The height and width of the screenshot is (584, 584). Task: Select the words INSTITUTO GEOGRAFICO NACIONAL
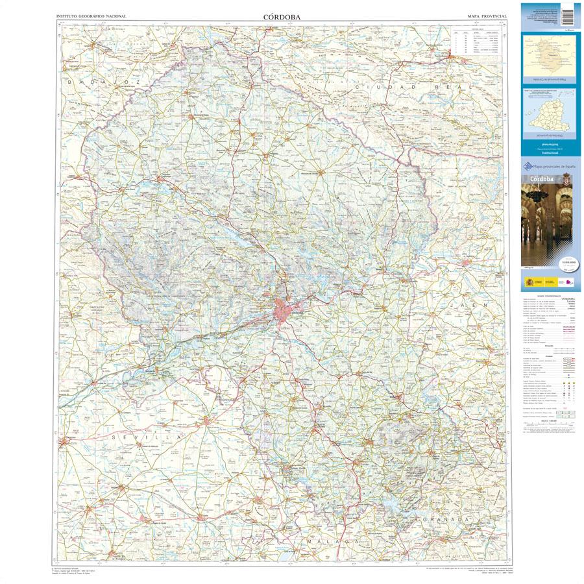pos(91,15)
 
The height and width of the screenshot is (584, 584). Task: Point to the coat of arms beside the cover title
pos(566,178)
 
